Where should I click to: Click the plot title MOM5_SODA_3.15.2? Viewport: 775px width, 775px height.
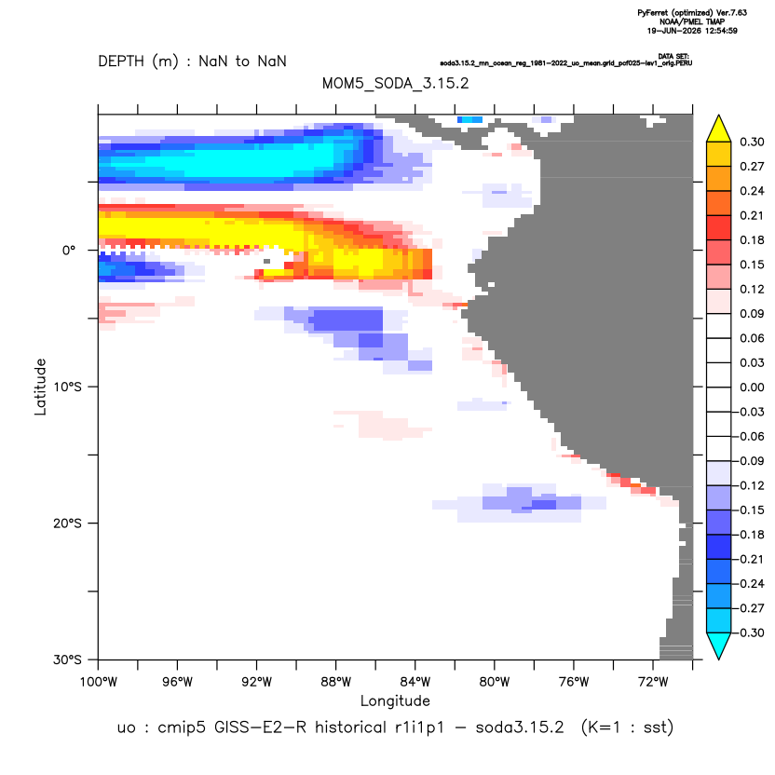pos(395,84)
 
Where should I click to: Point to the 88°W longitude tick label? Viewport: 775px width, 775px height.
pos(335,682)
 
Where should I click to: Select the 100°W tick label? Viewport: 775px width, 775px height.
pos(99,682)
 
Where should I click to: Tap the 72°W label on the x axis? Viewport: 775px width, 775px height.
pos(653,682)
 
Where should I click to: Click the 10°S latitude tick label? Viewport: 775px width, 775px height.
pos(67,387)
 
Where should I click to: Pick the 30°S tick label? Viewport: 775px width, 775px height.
pos(67,659)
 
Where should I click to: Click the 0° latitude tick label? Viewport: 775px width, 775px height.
pos(69,250)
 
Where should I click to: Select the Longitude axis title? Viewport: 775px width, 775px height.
pos(395,700)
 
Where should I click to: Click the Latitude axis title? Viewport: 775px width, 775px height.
pos(40,387)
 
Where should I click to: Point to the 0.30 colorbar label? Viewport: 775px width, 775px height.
pos(752,142)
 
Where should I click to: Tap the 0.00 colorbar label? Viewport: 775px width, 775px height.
pos(752,387)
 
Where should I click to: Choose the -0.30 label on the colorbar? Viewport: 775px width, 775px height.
pos(749,632)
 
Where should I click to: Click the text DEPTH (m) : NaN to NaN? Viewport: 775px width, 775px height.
pos(192,61)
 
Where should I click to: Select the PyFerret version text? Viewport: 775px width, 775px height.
pos(692,13)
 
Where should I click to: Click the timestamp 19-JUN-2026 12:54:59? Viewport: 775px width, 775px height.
pos(692,31)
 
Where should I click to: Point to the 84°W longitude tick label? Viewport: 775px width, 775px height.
pos(415,682)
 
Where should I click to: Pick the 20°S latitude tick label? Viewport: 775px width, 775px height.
pos(67,523)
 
